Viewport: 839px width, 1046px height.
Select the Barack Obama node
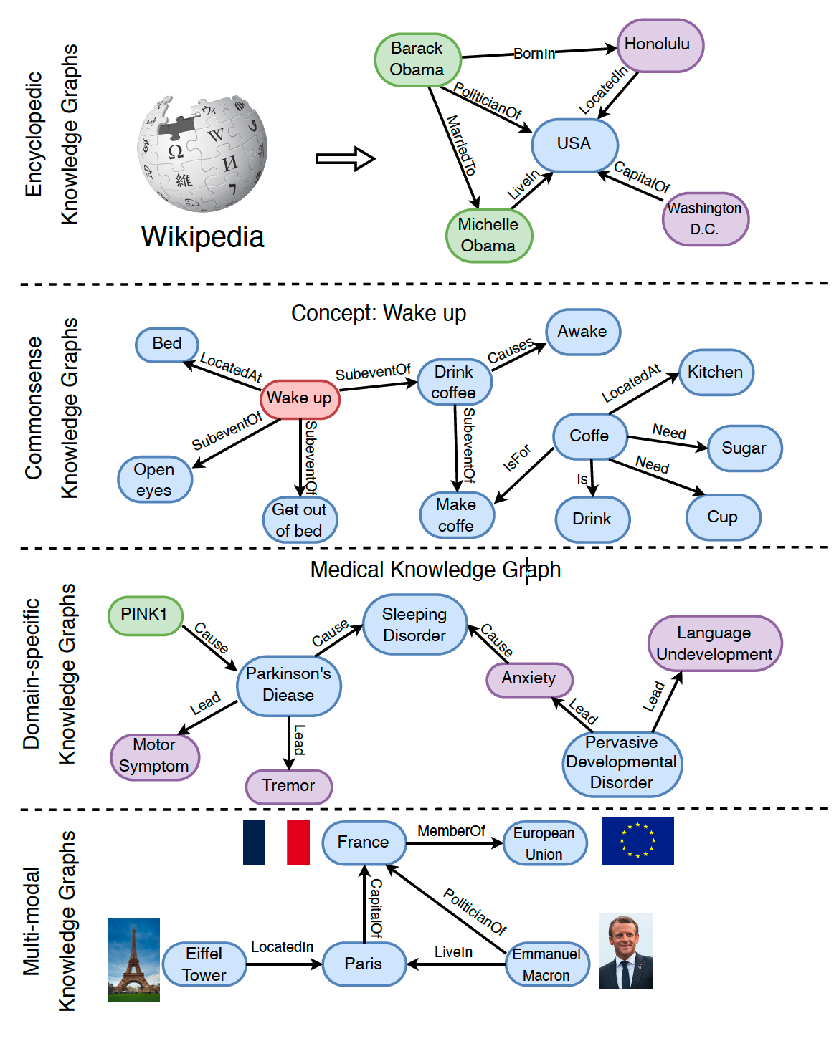click(417, 59)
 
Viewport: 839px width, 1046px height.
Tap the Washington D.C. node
click(705, 219)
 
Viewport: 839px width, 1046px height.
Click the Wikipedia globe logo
click(202, 153)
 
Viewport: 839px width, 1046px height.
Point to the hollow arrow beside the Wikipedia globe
click(345, 158)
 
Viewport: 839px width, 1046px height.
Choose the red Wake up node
click(300, 398)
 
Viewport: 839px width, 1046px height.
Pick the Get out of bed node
click(300, 520)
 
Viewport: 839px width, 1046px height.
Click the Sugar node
click(744, 448)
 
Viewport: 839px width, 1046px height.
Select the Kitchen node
click(716, 373)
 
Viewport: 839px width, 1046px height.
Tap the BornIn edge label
click(534, 54)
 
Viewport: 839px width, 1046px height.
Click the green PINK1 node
click(145, 615)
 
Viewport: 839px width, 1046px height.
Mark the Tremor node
click(289, 786)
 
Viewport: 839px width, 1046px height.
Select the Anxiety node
click(529, 678)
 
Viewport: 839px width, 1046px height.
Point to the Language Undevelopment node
click(714, 643)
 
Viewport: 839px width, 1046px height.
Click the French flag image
click(276, 843)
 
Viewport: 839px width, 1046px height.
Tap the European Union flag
click(637, 840)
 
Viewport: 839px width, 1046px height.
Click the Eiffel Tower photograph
click(133, 960)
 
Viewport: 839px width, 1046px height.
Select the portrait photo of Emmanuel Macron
click(625, 951)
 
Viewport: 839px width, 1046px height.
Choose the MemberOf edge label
click(451, 831)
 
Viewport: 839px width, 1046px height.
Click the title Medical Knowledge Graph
click(435, 570)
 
